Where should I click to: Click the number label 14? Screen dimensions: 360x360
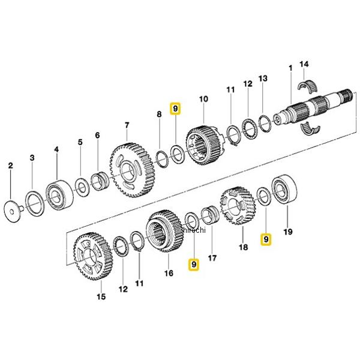pyautogui.click(x=304, y=64)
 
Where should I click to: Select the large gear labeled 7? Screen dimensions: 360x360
pyautogui.click(x=130, y=170)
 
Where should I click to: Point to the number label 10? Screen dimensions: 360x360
pyautogui.click(x=203, y=98)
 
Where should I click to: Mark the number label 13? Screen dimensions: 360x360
pyautogui.click(x=262, y=79)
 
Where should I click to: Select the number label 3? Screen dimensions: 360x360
pyautogui.click(x=33, y=157)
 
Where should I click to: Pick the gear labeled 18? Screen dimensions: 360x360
pyautogui.click(x=239, y=206)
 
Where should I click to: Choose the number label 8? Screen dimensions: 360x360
pyautogui.click(x=159, y=114)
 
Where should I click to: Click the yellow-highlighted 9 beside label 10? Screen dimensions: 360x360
pyautogui.click(x=175, y=109)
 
